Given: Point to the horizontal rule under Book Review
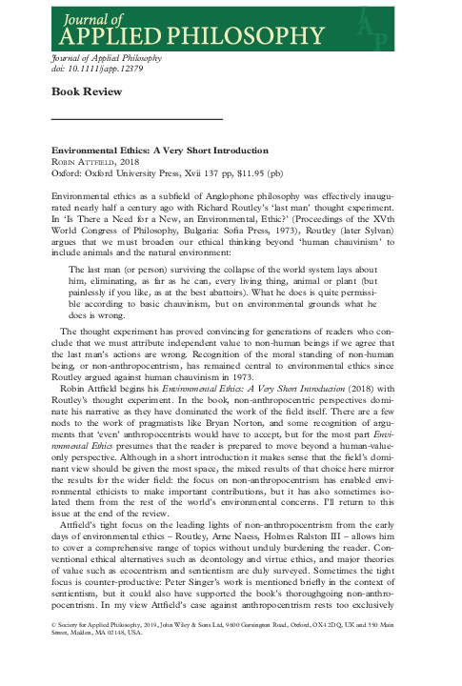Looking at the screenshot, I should pyautogui.click(x=135, y=118).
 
